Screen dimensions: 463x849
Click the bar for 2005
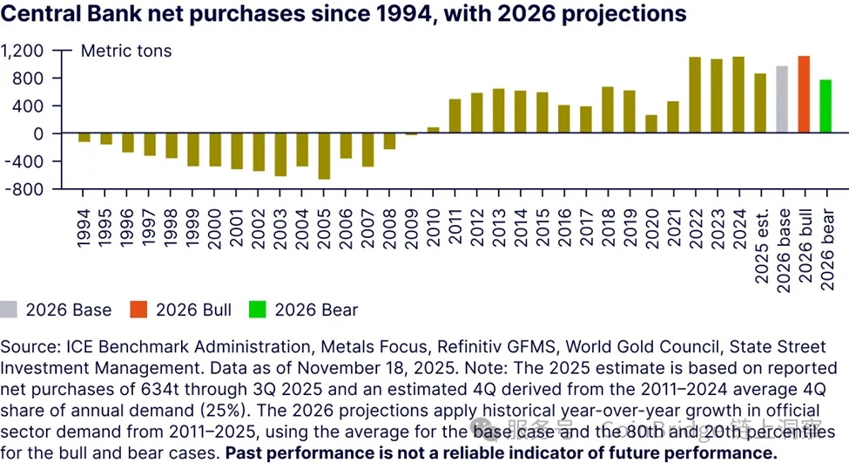coord(324,156)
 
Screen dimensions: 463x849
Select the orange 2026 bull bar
coord(804,94)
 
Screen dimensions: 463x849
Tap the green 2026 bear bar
coord(825,106)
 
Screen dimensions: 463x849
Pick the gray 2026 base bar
coord(782,99)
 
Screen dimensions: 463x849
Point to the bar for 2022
coord(695,95)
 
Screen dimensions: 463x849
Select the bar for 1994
coord(84,138)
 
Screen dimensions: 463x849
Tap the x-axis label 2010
coord(433,225)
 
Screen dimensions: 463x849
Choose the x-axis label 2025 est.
coord(760,247)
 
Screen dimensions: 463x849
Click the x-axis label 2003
coord(280,225)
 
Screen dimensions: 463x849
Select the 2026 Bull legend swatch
coord(138,310)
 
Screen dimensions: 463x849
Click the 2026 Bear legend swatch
coord(258,310)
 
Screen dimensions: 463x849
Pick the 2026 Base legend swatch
coord(9,310)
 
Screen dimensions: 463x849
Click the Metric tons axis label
coord(126,51)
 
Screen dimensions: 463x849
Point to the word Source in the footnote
coord(27,347)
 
